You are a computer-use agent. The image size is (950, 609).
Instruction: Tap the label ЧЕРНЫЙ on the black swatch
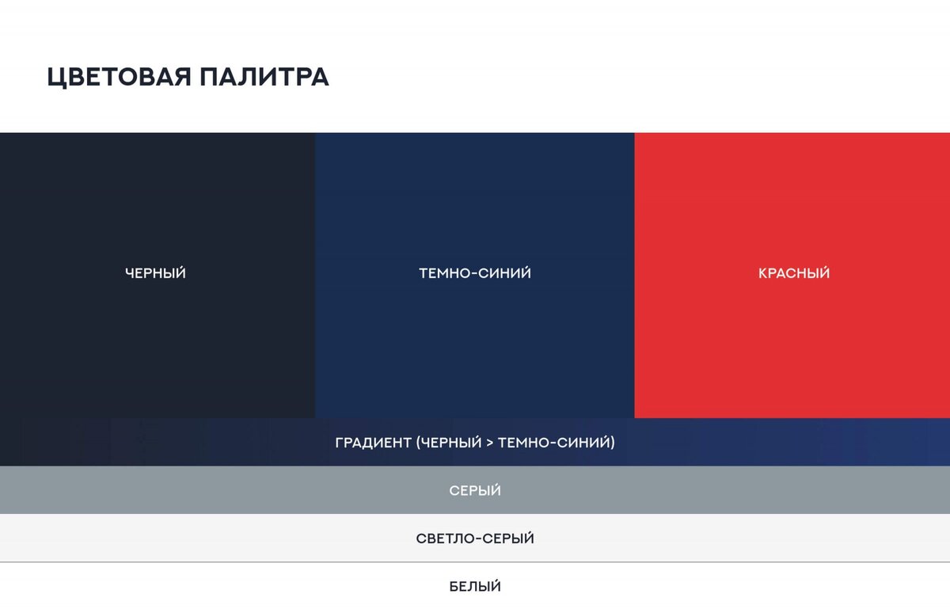(x=155, y=273)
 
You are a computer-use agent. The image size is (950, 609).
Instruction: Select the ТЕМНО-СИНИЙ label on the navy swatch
(x=475, y=273)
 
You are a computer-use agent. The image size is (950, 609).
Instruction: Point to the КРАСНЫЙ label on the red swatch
(x=794, y=273)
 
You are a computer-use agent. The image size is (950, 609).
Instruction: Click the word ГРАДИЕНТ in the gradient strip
(x=371, y=442)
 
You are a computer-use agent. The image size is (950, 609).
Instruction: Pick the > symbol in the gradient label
(x=489, y=442)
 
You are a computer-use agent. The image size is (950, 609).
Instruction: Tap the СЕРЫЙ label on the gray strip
(x=475, y=491)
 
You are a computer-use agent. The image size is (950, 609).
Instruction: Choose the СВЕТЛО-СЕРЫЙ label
(x=475, y=539)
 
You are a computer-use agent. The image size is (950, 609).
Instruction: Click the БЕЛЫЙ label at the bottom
(x=475, y=587)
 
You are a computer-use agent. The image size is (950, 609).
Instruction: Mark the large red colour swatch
(x=792, y=198)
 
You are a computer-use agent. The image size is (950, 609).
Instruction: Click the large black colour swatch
(x=157, y=198)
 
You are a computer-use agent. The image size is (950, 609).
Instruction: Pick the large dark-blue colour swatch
(x=475, y=198)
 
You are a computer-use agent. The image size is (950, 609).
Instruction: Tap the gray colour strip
(x=237, y=490)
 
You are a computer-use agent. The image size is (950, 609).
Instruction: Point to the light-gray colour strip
(x=237, y=539)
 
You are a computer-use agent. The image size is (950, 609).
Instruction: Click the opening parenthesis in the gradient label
(x=417, y=442)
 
